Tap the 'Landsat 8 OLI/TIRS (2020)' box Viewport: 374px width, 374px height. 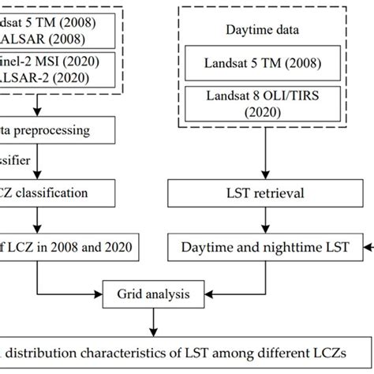[x=262, y=103]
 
